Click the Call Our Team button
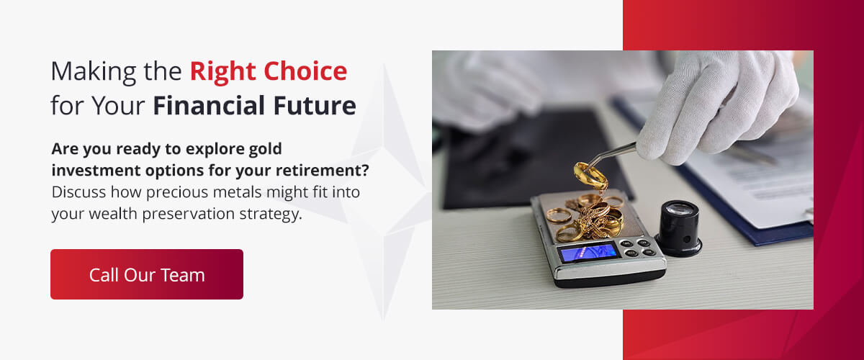pyautogui.click(x=147, y=274)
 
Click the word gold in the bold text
pyautogui.click(x=263, y=149)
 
